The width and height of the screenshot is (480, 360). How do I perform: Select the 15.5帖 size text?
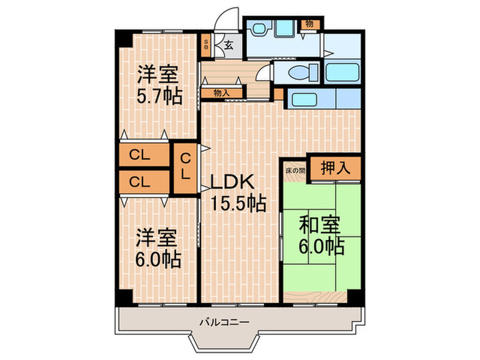(238, 203)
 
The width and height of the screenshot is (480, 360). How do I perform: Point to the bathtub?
(341, 72)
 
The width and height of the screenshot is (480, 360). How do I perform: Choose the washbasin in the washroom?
(259, 29)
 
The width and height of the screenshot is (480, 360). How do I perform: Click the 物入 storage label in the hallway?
(221, 92)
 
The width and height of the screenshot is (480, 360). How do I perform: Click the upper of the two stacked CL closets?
(143, 156)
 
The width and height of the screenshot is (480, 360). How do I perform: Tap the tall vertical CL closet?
(185, 167)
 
